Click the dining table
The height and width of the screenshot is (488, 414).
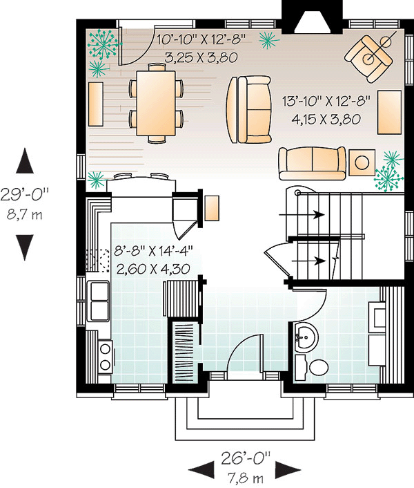pos(156,103)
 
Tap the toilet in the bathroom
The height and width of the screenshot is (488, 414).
pos(311,368)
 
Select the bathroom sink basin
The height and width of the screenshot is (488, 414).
pos(306,338)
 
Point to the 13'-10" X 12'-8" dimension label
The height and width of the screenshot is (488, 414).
pos(326,101)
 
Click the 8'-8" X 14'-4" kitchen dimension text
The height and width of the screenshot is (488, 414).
pos(154,251)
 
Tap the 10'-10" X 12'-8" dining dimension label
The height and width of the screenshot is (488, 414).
pos(201,40)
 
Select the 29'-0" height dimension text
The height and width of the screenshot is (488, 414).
pos(25,195)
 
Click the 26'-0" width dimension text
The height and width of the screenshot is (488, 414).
pos(246,458)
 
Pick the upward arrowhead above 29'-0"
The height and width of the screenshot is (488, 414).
pos(25,160)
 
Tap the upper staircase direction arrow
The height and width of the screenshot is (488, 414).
pos(302,214)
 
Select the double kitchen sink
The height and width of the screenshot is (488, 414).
pos(99,301)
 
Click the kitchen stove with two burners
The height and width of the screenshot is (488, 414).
pos(105,357)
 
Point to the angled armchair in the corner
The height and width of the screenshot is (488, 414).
pos(368,59)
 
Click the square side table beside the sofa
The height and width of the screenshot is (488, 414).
pos(362,162)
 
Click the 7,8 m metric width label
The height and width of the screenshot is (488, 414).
pos(246,478)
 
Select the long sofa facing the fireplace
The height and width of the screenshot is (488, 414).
pos(312,163)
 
